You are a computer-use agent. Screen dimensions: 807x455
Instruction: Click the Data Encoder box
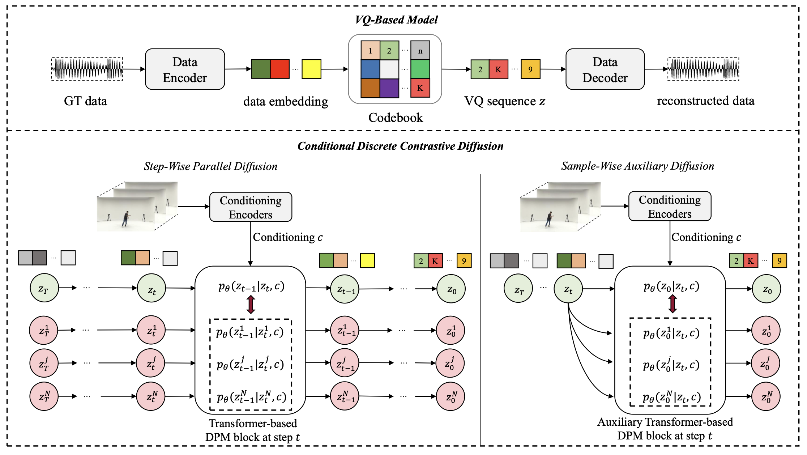click(x=185, y=69)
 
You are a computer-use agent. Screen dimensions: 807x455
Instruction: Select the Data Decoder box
click(x=605, y=69)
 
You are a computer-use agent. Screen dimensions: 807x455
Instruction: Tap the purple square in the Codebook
click(x=389, y=88)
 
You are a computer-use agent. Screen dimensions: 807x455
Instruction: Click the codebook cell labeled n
click(x=420, y=50)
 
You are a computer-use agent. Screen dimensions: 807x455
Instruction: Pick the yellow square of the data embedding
click(x=311, y=69)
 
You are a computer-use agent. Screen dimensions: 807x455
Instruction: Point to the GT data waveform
click(x=87, y=69)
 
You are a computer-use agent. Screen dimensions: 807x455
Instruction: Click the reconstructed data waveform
click(x=703, y=69)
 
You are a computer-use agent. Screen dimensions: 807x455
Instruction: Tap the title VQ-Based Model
click(x=396, y=20)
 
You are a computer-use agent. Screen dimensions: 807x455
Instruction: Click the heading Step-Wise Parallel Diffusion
click(x=210, y=166)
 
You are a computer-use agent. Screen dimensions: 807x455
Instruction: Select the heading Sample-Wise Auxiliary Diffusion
click(x=637, y=166)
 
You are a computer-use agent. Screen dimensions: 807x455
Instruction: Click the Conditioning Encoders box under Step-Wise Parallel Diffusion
click(x=251, y=207)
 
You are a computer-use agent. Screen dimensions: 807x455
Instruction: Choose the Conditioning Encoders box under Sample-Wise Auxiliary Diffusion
click(x=670, y=206)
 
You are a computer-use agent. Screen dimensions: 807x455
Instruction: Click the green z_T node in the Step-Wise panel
click(x=44, y=288)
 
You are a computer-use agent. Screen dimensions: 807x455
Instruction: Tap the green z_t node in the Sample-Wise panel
click(x=568, y=289)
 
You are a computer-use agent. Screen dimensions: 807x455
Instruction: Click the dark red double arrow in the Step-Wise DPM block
click(x=251, y=305)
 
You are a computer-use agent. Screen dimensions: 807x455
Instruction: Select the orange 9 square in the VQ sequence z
click(x=530, y=69)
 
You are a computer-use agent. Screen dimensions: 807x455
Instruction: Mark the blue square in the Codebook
click(x=370, y=69)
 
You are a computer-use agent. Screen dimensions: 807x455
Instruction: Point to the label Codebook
click(x=396, y=118)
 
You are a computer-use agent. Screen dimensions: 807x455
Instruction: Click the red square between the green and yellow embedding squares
click(x=280, y=69)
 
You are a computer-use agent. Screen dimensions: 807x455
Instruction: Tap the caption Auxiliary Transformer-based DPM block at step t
click(x=665, y=429)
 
